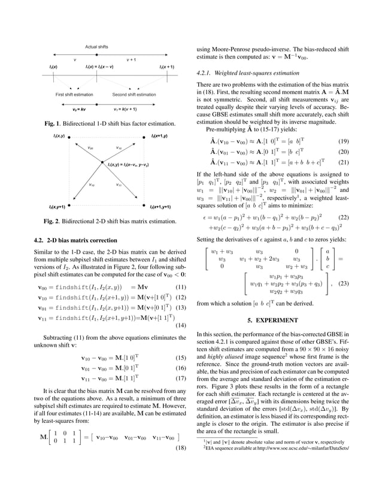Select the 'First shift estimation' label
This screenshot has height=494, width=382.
pyautogui.click(x=74, y=94)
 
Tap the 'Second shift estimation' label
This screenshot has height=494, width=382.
pyautogui.click(x=135, y=94)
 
